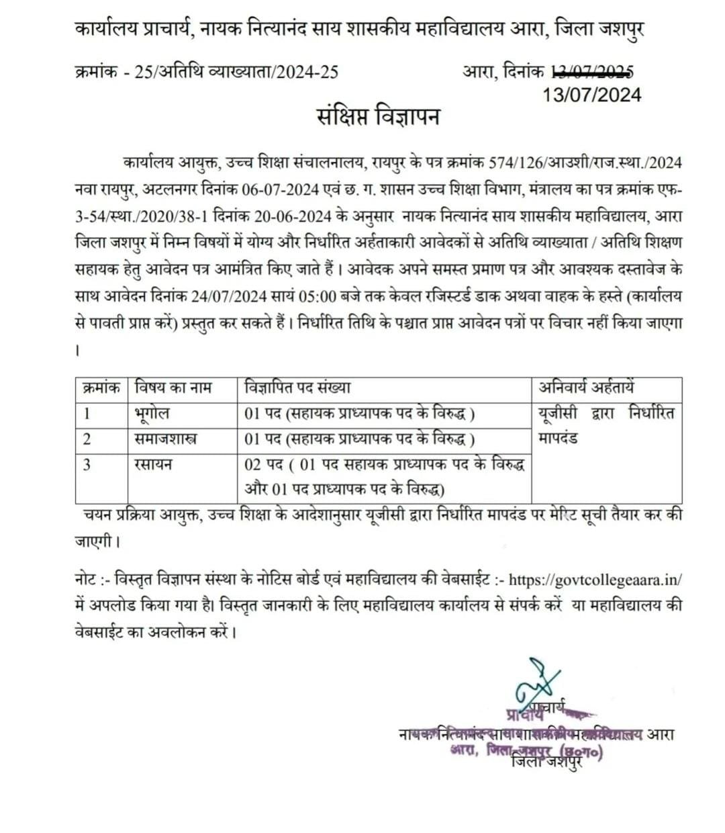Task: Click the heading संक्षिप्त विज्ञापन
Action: point(378,116)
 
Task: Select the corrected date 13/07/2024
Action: point(591,95)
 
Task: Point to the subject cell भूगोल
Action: point(151,413)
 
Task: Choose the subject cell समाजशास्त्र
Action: point(166,439)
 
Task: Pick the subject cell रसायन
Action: point(154,464)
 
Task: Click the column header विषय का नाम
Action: point(174,388)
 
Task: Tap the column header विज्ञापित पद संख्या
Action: point(298,388)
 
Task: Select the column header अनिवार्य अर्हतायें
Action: point(587,388)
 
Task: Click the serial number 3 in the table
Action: point(87,464)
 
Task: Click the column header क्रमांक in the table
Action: point(100,388)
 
